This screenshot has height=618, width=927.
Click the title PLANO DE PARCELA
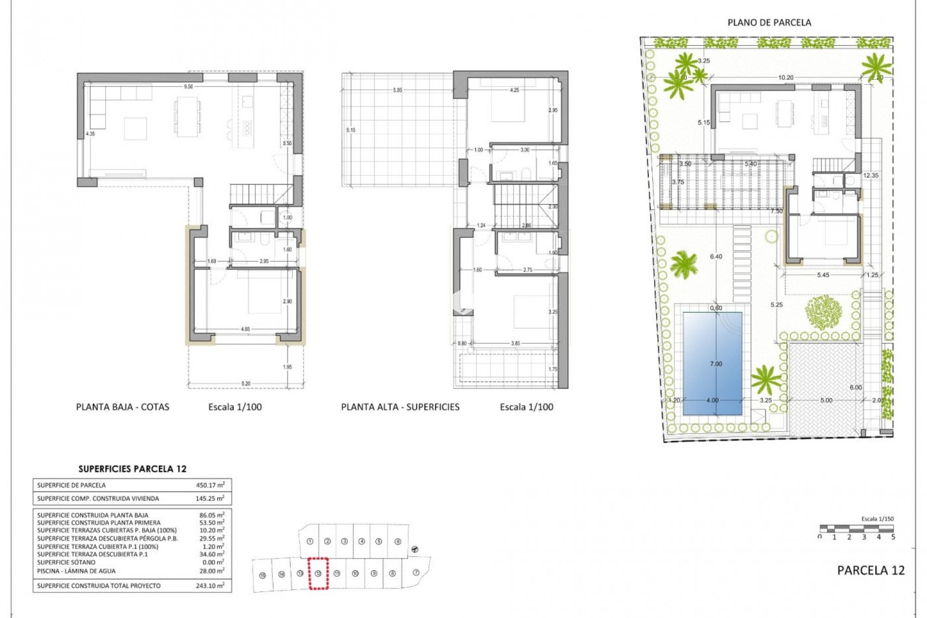point(769,22)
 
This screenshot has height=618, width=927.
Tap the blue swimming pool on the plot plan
point(712,363)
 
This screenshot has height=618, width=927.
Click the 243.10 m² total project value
point(211,586)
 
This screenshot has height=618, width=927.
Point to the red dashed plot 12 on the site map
point(318,573)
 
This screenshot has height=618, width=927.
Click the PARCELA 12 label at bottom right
point(871,570)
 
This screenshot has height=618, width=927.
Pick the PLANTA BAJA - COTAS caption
point(123,407)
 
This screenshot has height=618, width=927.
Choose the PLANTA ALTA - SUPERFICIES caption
point(400,407)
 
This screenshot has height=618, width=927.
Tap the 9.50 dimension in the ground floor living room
point(188,87)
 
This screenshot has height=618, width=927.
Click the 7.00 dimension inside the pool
point(716,364)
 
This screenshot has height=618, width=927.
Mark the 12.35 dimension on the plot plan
point(871,176)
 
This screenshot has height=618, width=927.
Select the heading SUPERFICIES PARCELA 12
point(132,469)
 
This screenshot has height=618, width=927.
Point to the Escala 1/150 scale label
point(877,519)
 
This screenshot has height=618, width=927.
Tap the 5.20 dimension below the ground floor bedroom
point(246,384)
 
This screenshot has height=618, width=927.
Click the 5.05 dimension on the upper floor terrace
point(397,90)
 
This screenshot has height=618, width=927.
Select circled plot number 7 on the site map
point(416,573)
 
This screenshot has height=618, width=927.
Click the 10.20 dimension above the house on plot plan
point(786,77)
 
